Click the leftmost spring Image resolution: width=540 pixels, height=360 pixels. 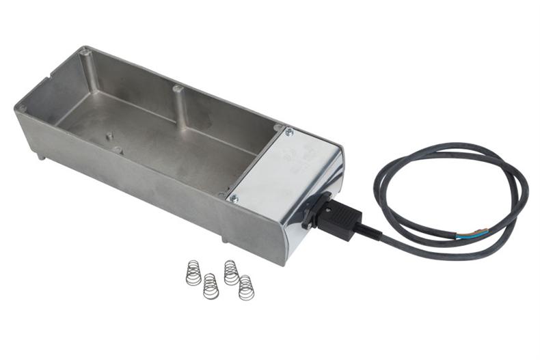pyautogui.click(x=193, y=273)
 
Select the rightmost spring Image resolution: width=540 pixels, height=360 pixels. pyautogui.click(x=246, y=287)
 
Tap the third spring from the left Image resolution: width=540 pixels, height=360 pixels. pyautogui.click(x=231, y=272)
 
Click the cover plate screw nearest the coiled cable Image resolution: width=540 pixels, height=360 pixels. pyautogui.click(x=288, y=132)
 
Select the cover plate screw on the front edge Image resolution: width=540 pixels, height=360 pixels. pyautogui.click(x=234, y=199)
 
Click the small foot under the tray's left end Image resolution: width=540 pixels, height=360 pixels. pyautogui.click(x=42, y=156)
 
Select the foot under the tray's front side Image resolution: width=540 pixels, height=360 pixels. pyautogui.click(x=224, y=239)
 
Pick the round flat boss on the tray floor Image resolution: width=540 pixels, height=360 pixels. pyautogui.click(x=118, y=150)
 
